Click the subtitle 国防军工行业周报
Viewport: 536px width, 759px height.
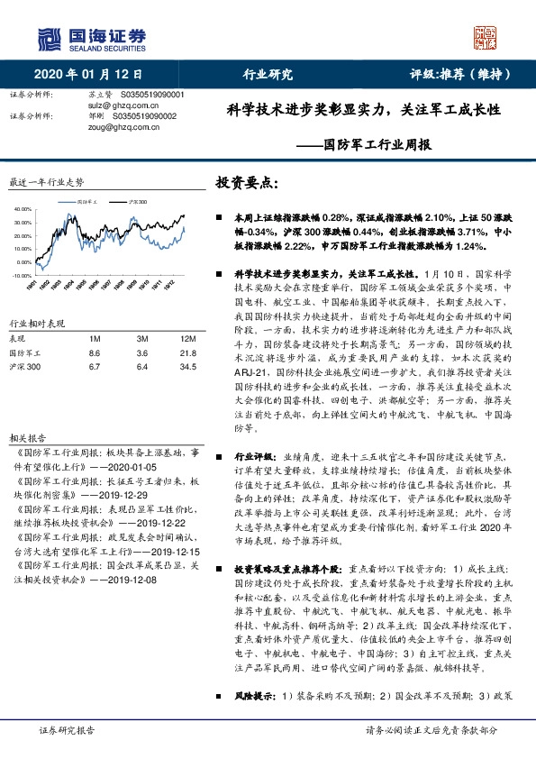tap(377, 143)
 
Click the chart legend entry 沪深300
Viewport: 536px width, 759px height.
tap(137, 202)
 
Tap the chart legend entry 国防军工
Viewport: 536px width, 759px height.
tap(86, 202)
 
